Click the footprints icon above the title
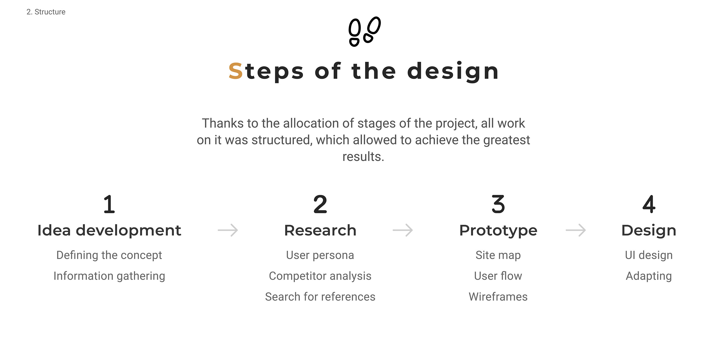pos(365,31)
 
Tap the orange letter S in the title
pos(236,71)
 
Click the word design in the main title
pos(453,72)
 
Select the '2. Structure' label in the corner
pos(46,12)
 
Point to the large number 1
pos(109,204)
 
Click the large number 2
pos(320,204)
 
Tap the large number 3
pos(498,204)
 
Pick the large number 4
pos(649,204)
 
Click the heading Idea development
pos(109,230)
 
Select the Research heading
pos(320,230)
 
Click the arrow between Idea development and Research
pos(228,230)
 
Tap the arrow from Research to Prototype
pos(403,230)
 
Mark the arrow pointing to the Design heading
pos(576,230)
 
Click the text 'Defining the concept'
pos(109,255)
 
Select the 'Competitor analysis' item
pos(320,276)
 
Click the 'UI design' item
pos(649,255)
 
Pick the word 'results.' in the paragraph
pos(363,157)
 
